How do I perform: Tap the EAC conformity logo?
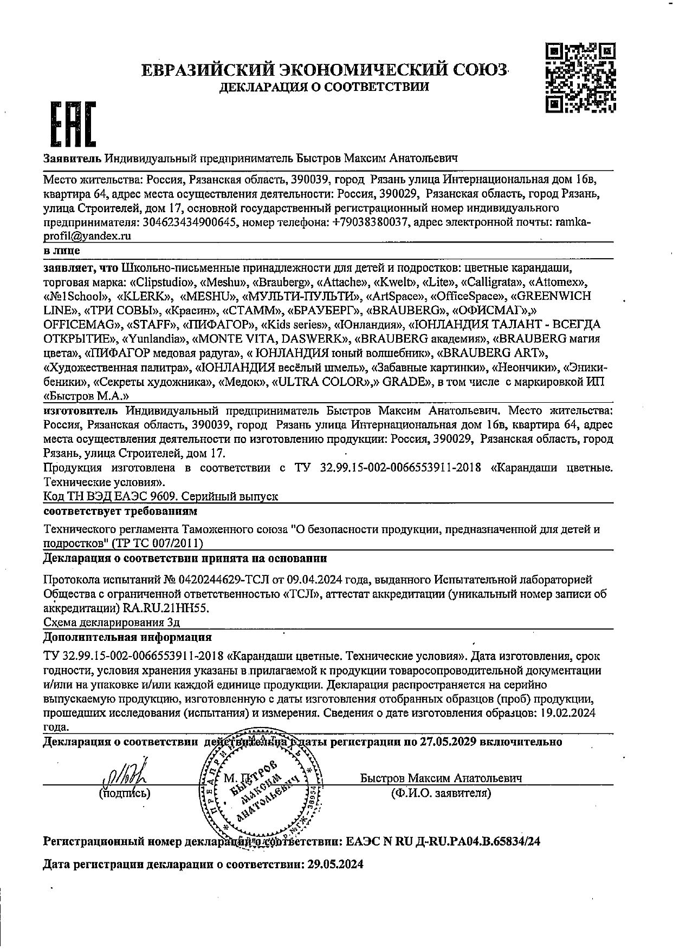(72, 125)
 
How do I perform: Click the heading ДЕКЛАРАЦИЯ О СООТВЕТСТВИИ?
(324, 87)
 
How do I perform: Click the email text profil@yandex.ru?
(87, 236)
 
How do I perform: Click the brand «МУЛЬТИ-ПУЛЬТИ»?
(302, 296)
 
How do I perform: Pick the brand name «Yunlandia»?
(156, 339)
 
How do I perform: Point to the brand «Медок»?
(242, 382)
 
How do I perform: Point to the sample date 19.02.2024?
(568, 713)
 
